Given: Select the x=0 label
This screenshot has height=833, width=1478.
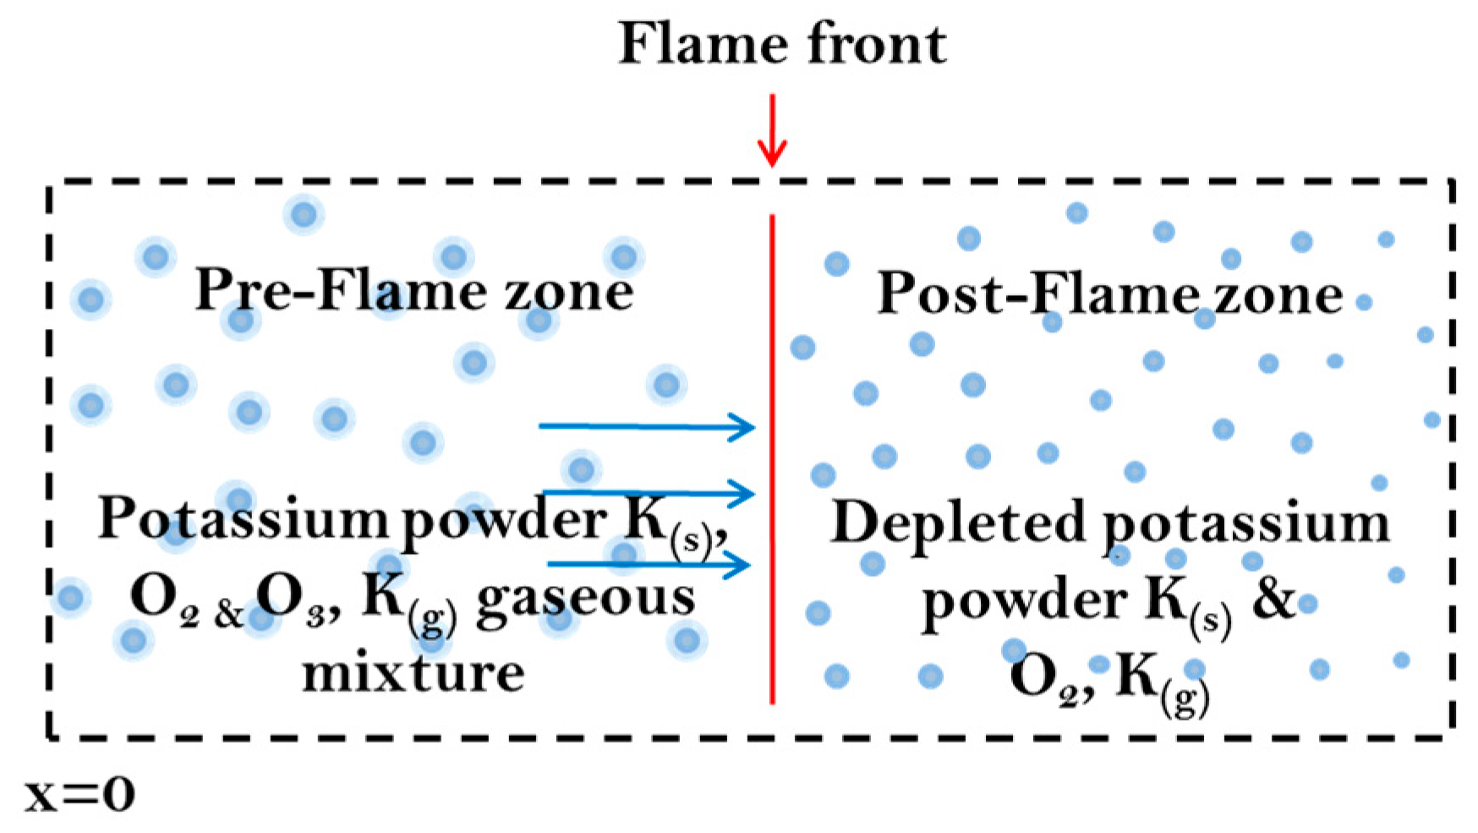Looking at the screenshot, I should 79,795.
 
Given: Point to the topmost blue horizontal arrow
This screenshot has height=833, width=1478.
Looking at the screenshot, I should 647,426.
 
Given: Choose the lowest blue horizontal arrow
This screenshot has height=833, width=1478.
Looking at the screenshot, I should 649,564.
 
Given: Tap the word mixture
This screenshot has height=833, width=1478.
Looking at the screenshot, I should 413,673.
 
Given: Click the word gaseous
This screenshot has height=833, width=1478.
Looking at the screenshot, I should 585,597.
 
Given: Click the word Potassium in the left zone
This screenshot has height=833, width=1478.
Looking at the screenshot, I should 242,518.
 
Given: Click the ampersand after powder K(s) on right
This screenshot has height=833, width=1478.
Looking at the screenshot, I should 1272,598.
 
